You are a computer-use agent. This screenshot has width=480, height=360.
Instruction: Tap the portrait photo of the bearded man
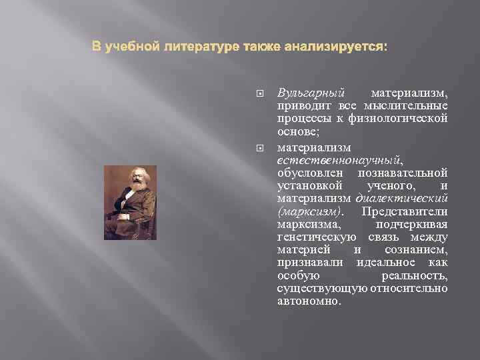130,202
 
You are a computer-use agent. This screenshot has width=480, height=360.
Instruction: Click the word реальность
414,275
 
